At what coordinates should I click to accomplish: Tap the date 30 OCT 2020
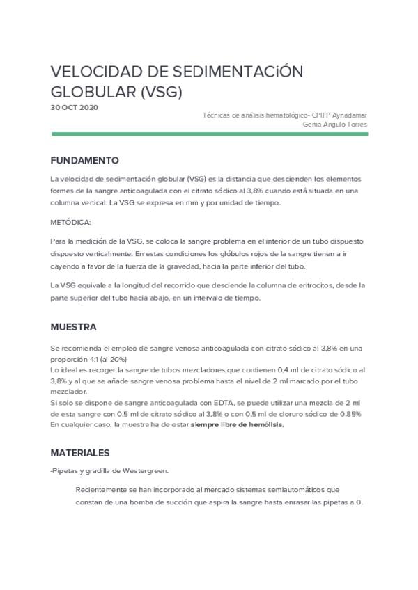tap(75, 108)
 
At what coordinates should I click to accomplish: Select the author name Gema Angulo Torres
tap(335, 124)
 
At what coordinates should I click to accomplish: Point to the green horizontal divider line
tap(209, 134)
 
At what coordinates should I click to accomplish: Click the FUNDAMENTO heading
tap(84, 160)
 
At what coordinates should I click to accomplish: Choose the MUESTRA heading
tap(73, 327)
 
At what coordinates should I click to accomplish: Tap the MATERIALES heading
tap(80, 452)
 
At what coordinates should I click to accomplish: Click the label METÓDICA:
tap(70, 222)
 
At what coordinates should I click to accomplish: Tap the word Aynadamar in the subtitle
tap(350, 115)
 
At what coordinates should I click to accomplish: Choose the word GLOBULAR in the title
tap(93, 93)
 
